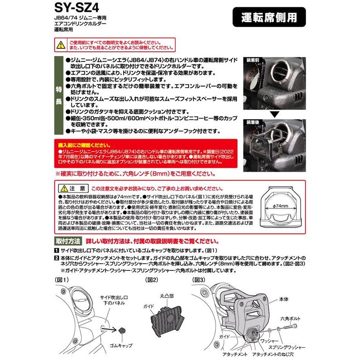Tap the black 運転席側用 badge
point(271,19)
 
